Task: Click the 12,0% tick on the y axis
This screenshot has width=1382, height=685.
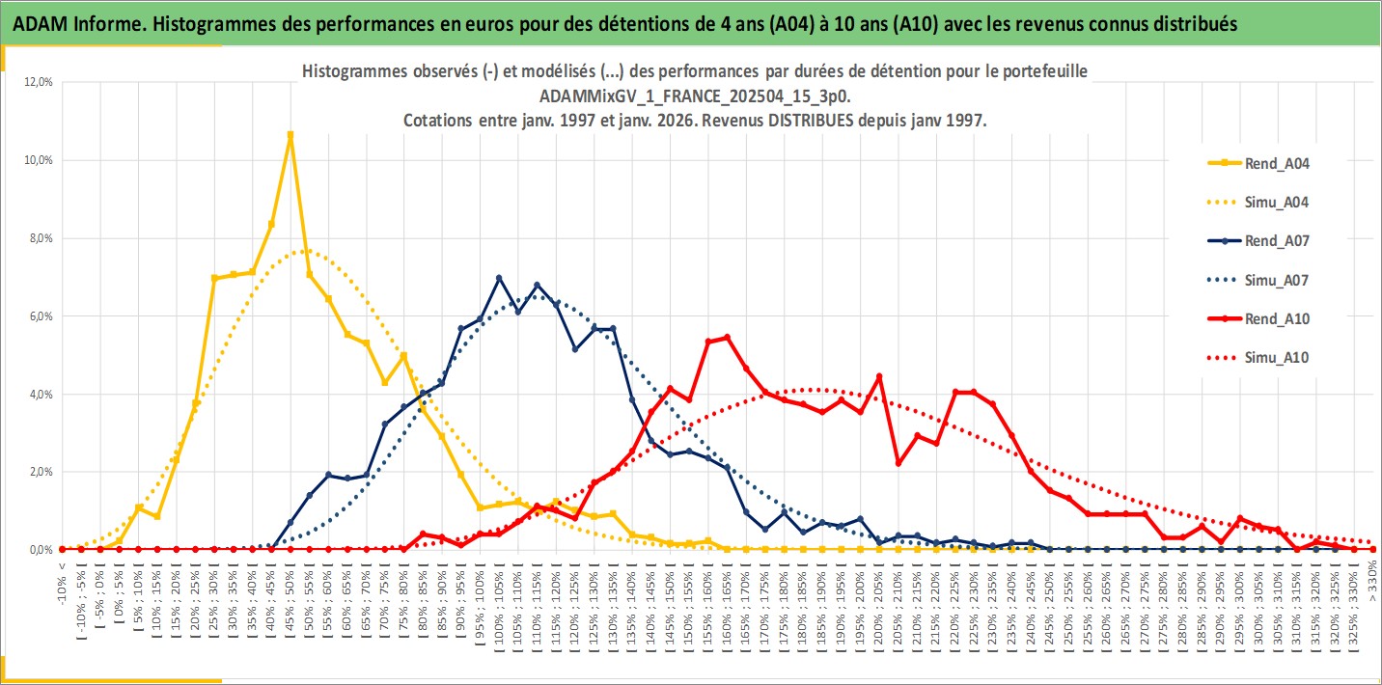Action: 40,82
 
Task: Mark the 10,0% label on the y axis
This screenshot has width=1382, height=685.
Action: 40,160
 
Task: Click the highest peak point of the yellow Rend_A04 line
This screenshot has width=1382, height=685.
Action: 290,135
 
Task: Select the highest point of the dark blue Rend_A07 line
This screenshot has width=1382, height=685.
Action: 499,278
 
